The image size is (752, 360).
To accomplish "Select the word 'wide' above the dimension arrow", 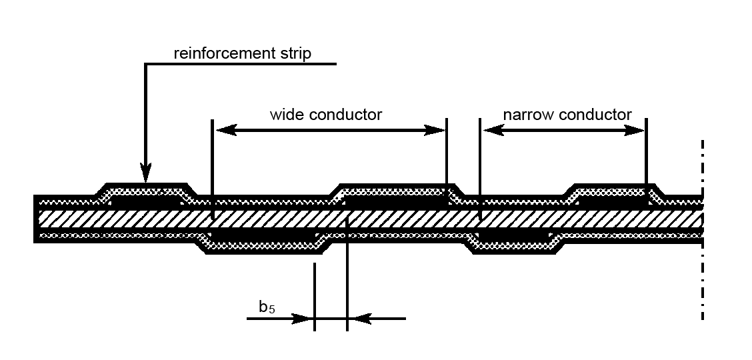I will [x=285, y=115].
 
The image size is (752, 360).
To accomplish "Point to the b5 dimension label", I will [x=267, y=307].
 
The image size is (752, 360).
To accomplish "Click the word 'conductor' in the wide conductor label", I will [x=345, y=115].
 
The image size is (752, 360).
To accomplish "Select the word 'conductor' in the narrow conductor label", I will [x=595, y=115].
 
